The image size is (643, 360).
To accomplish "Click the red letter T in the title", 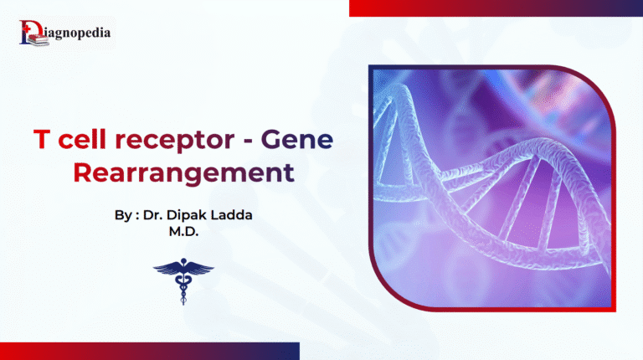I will pos(40,140).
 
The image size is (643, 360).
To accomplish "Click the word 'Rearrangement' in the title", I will pos(183,173).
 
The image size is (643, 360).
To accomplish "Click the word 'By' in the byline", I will pos(123,216).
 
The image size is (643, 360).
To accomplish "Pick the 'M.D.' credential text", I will pos(183,232).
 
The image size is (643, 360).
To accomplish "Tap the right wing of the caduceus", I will pos(199,269).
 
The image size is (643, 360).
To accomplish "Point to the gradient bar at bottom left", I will pos(147,352).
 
